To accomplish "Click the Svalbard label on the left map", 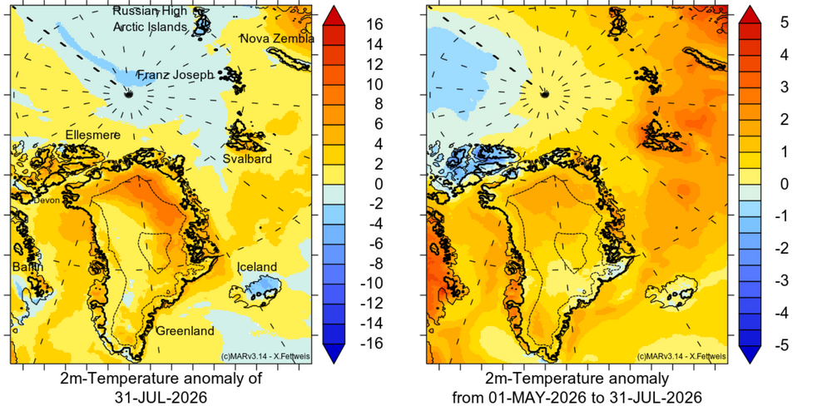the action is click(x=247, y=159).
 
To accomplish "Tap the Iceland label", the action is click(x=257, y=267).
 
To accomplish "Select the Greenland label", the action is click(x=186, y=331).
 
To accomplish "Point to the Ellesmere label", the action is click(x=93, y=136).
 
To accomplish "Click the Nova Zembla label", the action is click(x=278, y=39).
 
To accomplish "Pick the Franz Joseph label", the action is click(x=176, y=76).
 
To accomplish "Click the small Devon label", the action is click(x=47, y=201).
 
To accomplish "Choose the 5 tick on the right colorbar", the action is click(x=784, y=22).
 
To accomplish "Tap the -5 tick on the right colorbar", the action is click(x=781, y=345).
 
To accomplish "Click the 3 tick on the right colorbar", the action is click(x=784, y=87).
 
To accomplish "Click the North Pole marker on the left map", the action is click(x=128, y=94).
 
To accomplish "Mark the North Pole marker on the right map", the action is click(x=544, y=94).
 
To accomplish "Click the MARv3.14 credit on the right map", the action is click(x=681, y=357).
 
